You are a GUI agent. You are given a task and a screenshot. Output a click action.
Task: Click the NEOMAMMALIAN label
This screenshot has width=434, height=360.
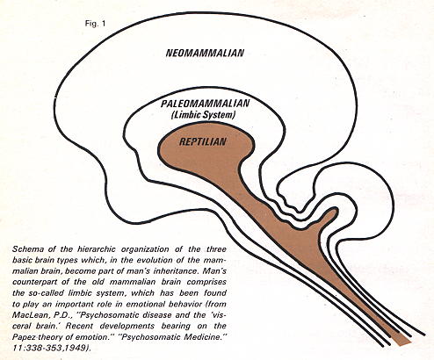tap(205, 53)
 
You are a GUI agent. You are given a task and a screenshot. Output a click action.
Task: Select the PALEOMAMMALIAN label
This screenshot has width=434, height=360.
tap(205, 104)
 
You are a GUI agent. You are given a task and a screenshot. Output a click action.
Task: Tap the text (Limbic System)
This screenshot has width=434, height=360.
tap(203, 115)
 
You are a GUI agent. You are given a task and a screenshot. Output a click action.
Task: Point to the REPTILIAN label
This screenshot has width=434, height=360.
tap(203, 142)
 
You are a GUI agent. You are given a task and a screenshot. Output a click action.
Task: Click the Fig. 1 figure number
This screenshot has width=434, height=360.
tap(95, 24)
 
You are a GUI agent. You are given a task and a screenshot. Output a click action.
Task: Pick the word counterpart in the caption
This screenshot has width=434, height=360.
tap(32, 283)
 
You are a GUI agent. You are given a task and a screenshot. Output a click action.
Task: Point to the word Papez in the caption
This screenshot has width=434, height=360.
tap(23, 337)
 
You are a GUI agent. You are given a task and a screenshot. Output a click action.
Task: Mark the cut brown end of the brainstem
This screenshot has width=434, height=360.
tap(401, 341)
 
